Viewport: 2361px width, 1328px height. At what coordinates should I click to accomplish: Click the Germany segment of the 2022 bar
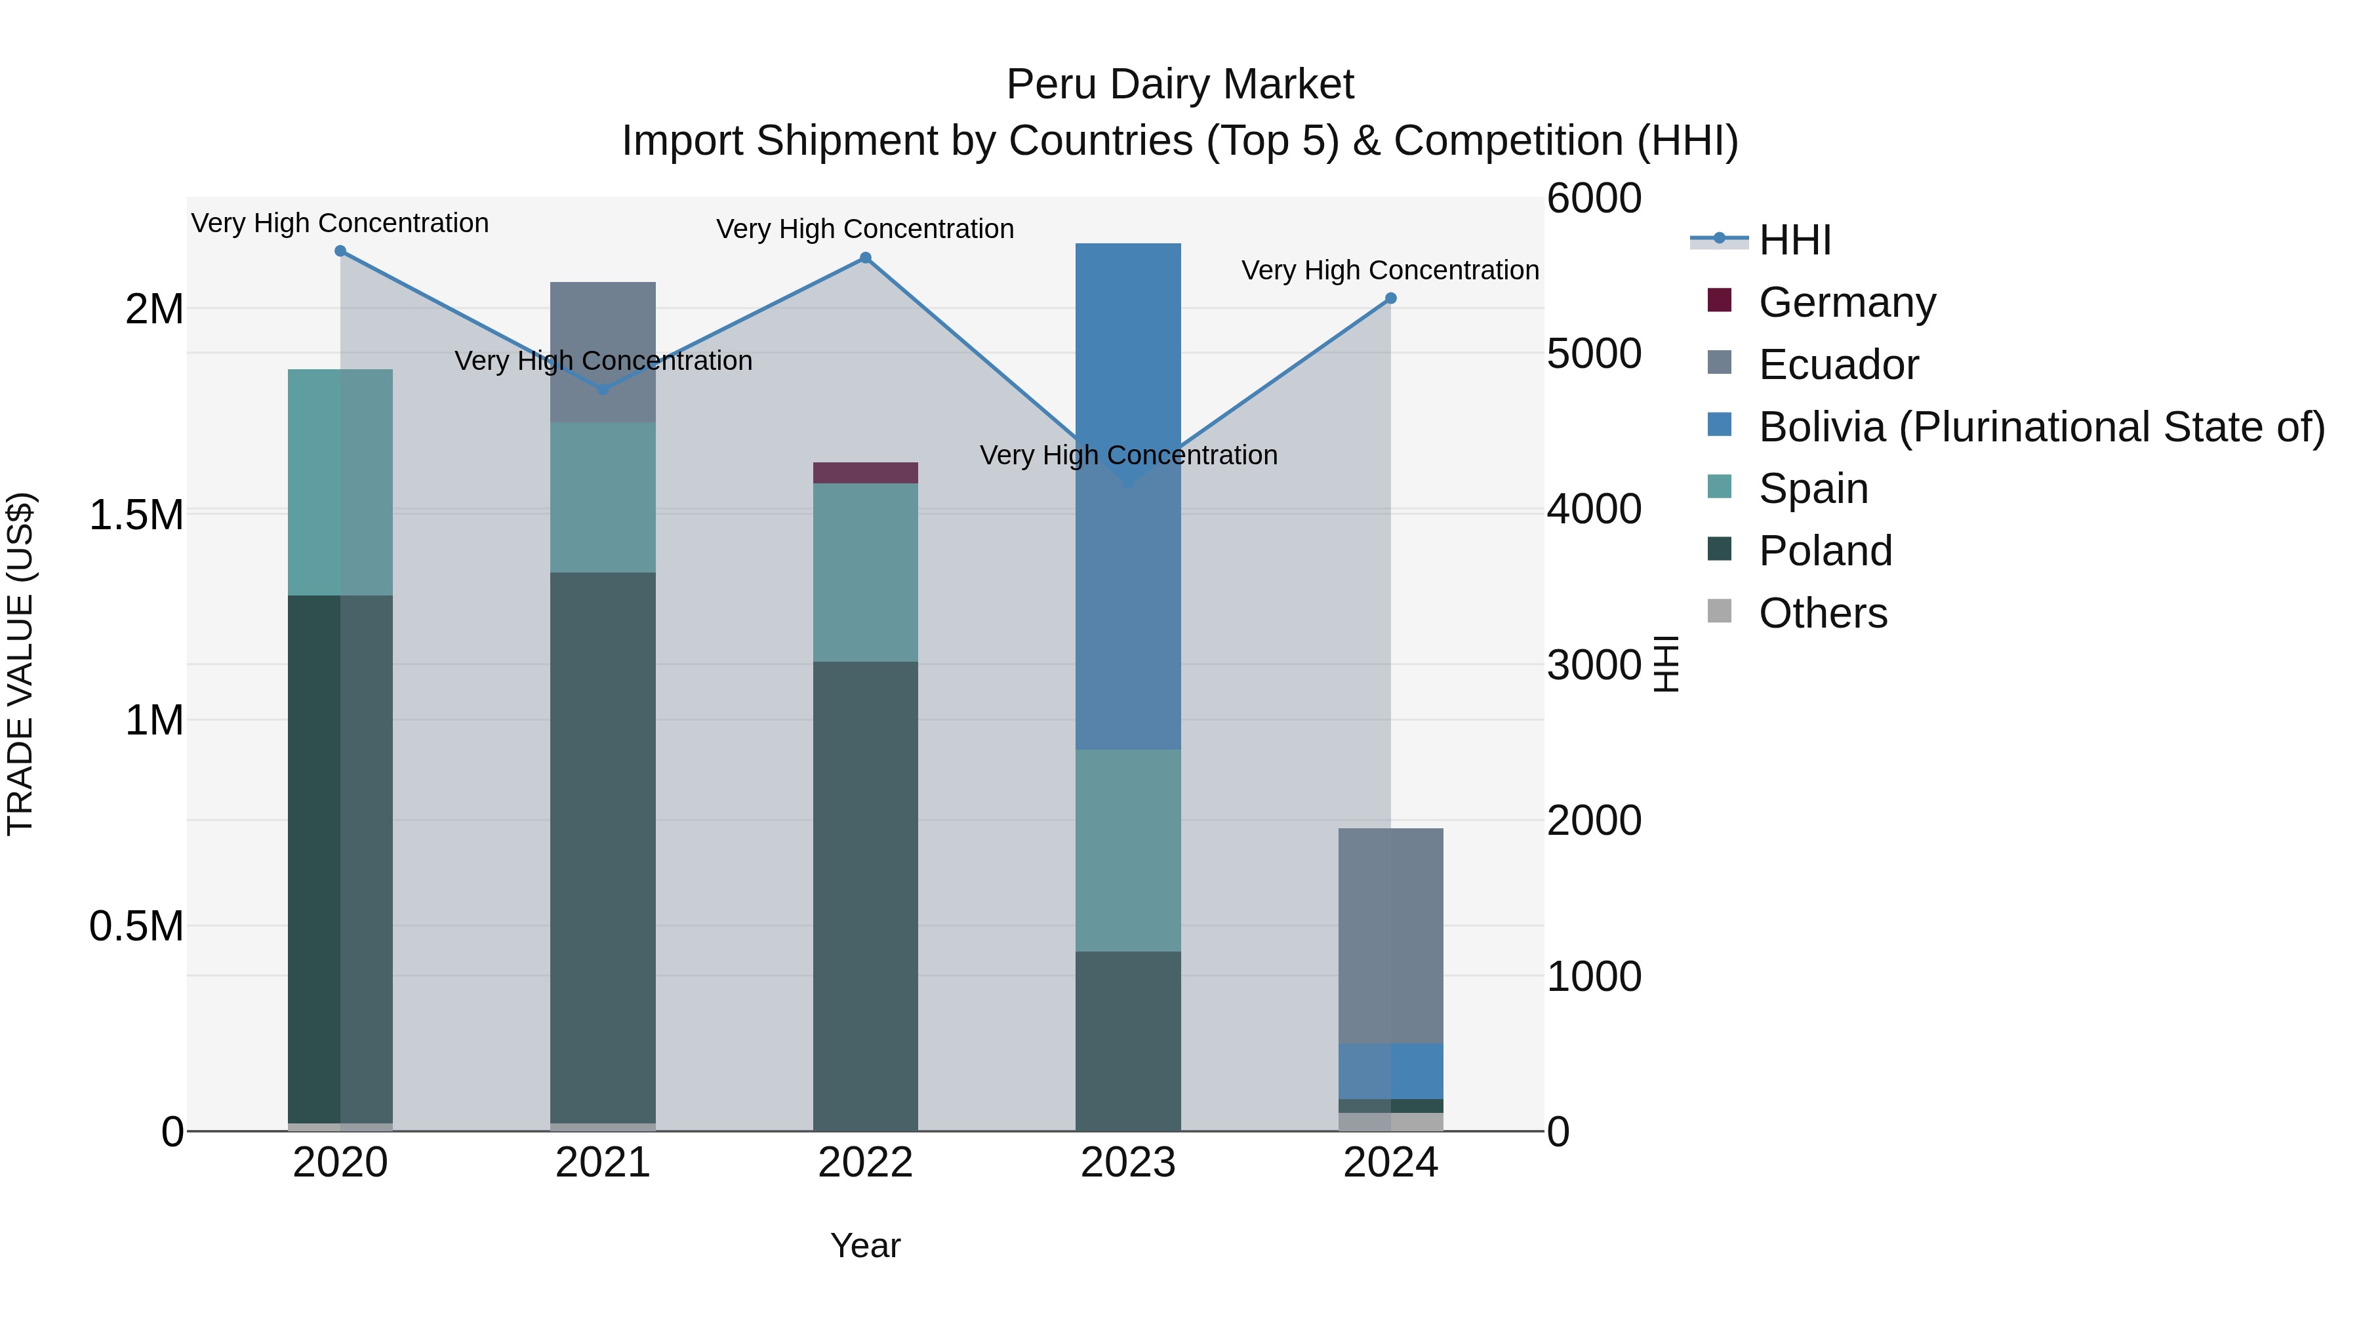(x=865, y=473)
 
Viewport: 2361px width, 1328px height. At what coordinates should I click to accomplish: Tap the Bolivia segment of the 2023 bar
(x=1127, y=496)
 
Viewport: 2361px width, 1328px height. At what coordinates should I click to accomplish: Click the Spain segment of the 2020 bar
(x=340, y=482)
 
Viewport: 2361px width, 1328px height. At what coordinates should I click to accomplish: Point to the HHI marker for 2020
(x=340, y=251)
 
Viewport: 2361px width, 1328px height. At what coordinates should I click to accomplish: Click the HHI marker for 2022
(x=865, y=258)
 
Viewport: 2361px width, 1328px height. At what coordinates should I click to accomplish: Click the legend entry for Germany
(x=1846, y=302)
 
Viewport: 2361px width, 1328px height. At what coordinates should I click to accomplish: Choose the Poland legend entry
(x=1824, y=551)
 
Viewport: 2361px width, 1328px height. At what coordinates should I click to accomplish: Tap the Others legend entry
(x=1822, y=613)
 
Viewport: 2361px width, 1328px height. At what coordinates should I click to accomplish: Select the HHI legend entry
(x=1794, y=240)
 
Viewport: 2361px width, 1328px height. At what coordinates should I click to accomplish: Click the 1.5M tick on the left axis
(x=136, y=515)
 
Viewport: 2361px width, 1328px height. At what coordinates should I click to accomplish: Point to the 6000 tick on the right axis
(x=1594, y=199)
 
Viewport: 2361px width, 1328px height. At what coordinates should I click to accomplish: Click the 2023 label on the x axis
(x=1127, y=1163)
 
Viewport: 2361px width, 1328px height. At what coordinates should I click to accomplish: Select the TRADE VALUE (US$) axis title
(x=20, y=664)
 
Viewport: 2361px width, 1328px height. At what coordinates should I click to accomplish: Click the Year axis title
(x=865, y=1245)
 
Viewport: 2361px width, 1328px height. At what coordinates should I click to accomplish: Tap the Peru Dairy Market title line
(x=1180, y=85)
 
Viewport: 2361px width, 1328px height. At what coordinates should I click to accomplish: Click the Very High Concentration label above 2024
(x=1390, y=270)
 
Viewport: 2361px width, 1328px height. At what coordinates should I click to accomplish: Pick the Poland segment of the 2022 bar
(x=865, y=895)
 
